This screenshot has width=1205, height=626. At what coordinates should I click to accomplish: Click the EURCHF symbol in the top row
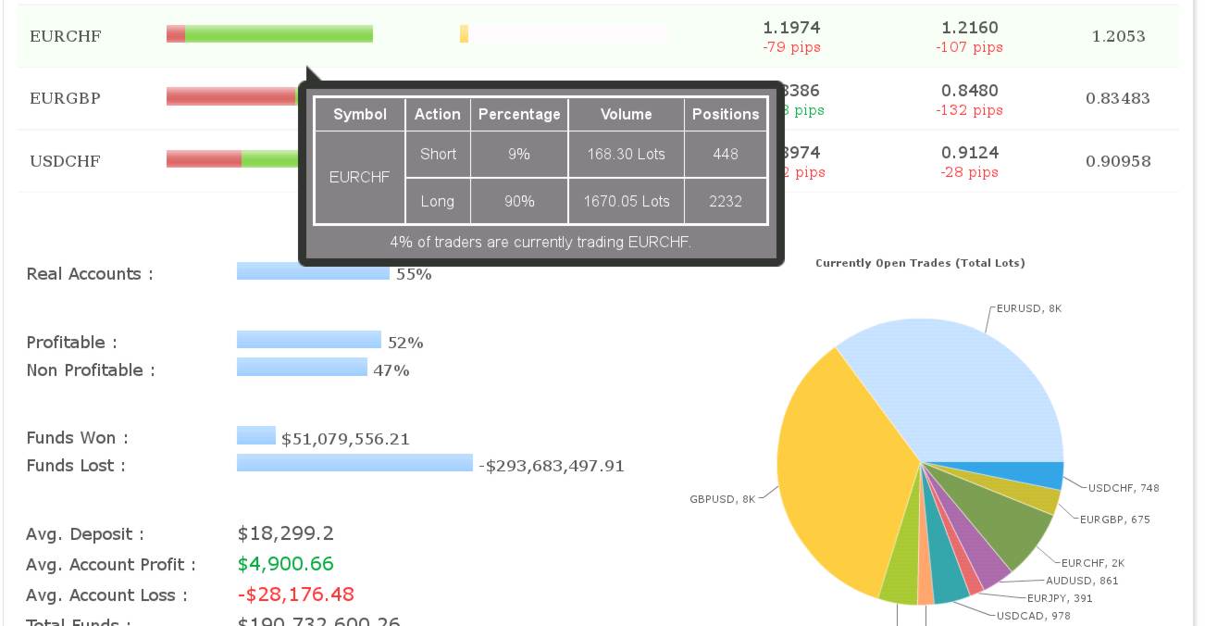(x=65, y=36)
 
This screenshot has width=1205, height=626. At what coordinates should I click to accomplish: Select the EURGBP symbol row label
(x=65, y=98)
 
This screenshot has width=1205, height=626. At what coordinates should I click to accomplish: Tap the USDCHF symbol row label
(x=65, y=161)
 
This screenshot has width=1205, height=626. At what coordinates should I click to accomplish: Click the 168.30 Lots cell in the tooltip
(x=626, y=154)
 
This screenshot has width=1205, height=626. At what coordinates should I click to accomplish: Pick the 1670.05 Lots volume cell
(x=626, y=201)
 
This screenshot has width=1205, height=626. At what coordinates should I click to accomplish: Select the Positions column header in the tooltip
(x=726, y=114)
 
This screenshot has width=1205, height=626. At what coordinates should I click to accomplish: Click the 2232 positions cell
(x=726, y=201)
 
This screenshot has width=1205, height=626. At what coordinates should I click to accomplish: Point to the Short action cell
(x=438, y=154)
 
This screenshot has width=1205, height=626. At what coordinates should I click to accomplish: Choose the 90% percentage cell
(x=519, y=201)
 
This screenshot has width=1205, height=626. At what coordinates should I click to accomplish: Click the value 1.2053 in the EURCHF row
(x=1118, y=36)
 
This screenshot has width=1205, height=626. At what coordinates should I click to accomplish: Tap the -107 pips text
(x=969, y=47)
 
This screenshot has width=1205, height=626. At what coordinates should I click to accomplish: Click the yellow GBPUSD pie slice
(x=833, y=472)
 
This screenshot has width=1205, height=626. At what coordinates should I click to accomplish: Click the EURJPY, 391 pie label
(x=1060, y=598)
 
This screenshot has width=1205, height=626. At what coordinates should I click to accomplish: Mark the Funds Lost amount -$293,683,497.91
(x=552, y=466)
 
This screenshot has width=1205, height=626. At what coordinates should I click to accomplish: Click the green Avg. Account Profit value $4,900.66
(x=285, y=564)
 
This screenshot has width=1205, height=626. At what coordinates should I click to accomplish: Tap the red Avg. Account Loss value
(x=295, y=595)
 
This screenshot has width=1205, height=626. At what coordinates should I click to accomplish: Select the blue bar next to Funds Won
(x=256, y=435)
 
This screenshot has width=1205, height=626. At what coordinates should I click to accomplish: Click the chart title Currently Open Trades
(x=920, y=263)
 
